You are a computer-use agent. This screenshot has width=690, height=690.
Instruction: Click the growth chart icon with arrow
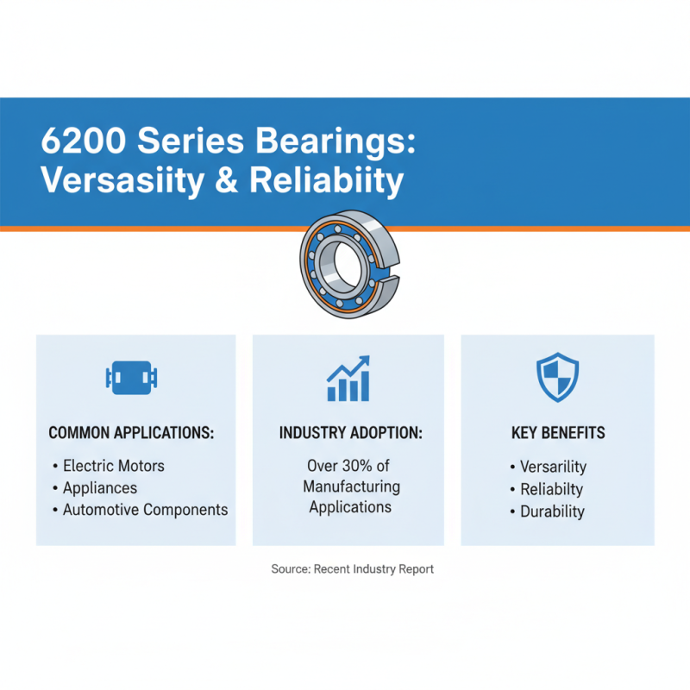pos(348,379)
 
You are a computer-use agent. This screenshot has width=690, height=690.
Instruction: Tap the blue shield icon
pos(557,376)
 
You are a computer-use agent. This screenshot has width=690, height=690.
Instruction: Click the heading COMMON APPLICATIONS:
pos(131,433)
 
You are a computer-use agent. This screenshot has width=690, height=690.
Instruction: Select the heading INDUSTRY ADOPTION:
pos(350,433)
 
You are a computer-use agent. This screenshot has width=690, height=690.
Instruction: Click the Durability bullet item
pos(552,511)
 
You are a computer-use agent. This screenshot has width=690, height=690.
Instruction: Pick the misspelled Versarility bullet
pos(553,467)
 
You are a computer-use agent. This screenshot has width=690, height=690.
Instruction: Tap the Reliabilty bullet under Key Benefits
pos(552,489)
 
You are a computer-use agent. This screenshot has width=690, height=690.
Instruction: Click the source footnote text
pos(352,569)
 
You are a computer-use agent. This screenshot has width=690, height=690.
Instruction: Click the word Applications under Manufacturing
pos(350,507)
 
